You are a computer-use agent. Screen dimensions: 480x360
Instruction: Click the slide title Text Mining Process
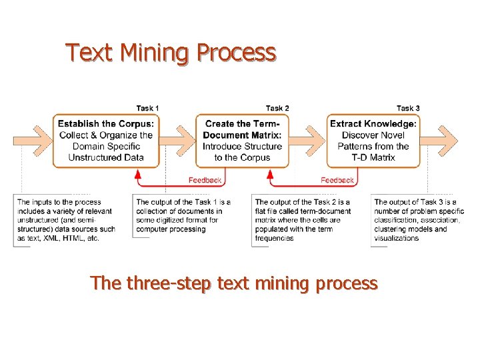pos(171,52)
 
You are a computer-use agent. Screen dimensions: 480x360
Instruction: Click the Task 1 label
pos(147,108)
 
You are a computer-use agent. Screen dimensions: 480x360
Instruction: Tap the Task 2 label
pos(277,108)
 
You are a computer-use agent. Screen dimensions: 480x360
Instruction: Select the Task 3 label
pos(408,108)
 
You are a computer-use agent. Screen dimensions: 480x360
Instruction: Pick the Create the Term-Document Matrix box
pos(242,141)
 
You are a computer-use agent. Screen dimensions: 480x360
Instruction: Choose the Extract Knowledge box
pos(373,141)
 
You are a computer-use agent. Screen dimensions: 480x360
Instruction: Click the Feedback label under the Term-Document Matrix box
pos(205,180)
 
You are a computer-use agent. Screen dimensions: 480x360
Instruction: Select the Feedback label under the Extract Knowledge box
pos(337,180)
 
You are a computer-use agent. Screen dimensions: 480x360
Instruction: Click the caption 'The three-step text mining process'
pos(234,283)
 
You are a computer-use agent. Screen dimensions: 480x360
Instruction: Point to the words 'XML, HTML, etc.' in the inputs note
pos(69,238)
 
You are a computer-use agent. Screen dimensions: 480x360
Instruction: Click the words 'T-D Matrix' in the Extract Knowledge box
pos(373,157)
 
